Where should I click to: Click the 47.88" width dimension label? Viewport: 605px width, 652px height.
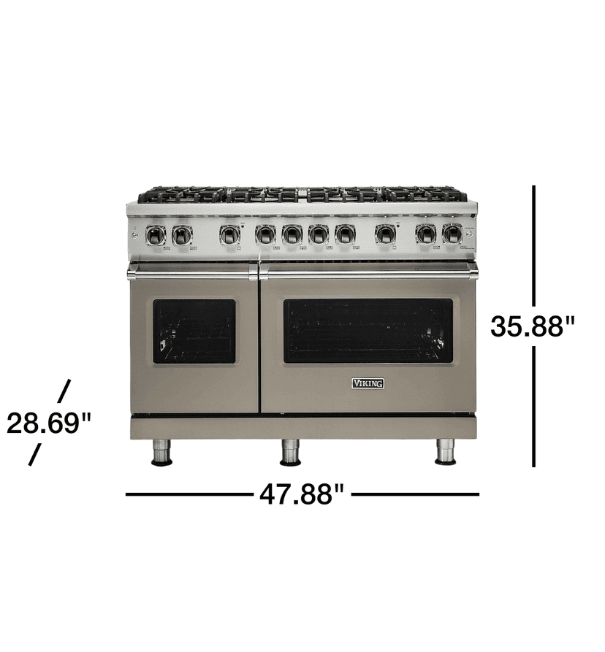[302, 494]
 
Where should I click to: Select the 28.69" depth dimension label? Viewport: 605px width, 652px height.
[48, 423]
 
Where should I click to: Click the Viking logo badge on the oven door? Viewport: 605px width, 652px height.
[368, 383]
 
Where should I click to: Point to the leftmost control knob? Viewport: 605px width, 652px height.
[156, 234]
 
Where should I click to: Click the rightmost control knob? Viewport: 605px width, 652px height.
[452, 234]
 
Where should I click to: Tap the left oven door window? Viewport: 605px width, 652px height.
[194, 331]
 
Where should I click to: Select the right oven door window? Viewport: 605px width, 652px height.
[368, 331]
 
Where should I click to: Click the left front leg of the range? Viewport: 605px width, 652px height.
[161, 452]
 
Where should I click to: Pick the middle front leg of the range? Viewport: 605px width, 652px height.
[291, 452]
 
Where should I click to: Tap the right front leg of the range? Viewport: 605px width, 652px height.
[445, 451]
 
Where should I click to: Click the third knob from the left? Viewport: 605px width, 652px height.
[229, 234]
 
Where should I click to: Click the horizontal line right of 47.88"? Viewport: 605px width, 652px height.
[415, 494]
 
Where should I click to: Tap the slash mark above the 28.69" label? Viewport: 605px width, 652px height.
[64, 391]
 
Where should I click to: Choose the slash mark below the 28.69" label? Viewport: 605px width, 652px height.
[34, 455]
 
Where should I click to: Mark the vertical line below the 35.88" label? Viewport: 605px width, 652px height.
[534, 406]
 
